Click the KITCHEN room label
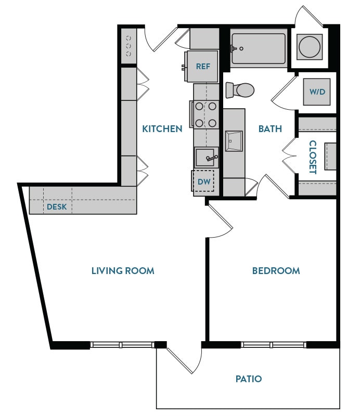[x=162, y=128]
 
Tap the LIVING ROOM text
[x=123, y=270]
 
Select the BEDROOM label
[x=276, y=270]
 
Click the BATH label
[x=270, y=128]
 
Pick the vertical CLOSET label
[x=313, y=157]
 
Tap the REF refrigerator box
[x=202, y=67]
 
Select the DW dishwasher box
[x=203, y=182]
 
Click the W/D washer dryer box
[x=317, y=92]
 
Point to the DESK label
[x=57, y=206]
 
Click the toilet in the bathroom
[x=241, y=89]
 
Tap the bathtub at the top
[x=259, y=49]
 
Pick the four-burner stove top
[x=205, y=114]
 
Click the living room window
[x=122, y=344]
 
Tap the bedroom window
[x=273, y=344]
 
